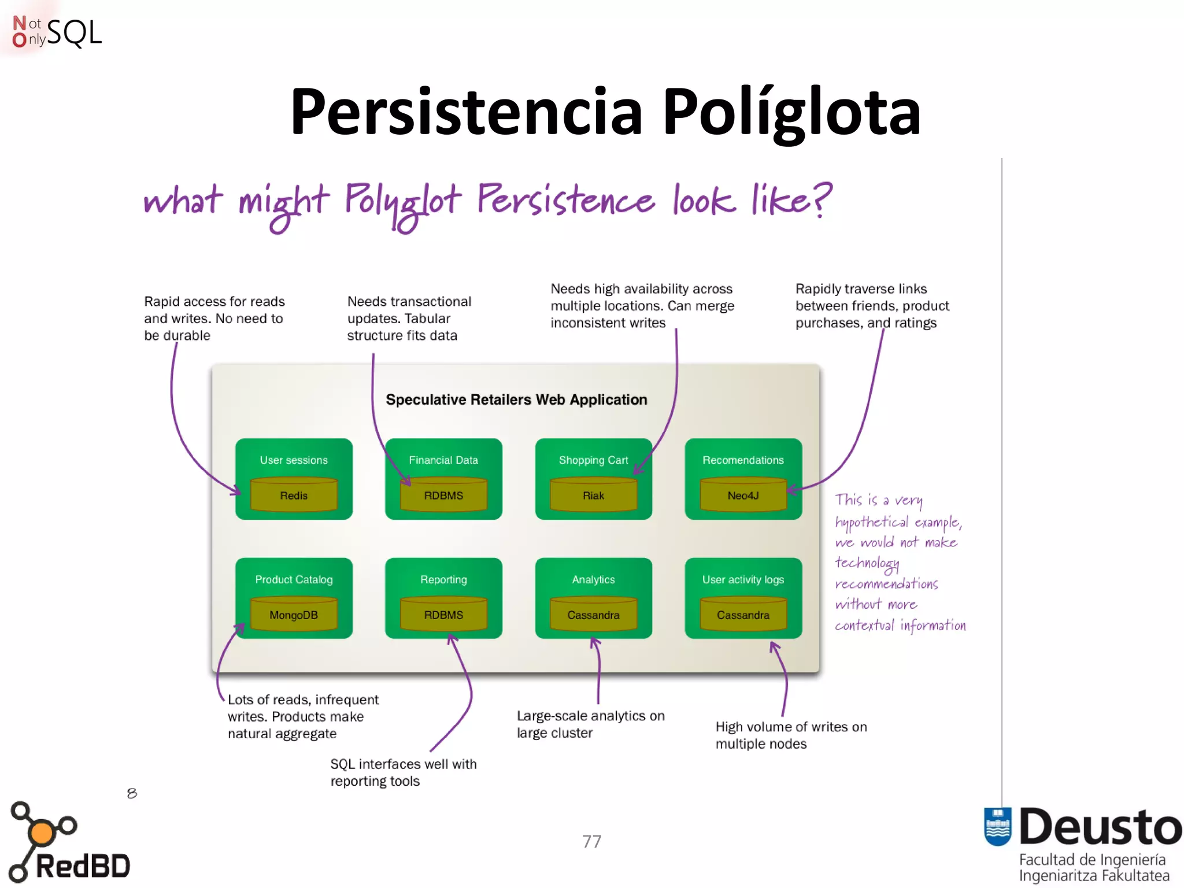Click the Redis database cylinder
pos(294,495)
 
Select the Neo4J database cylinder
pos(743,495)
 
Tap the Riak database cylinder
pos(593,495)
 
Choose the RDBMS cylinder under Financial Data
pos(443,495)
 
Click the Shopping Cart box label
pos(593,460)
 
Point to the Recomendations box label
pos(743,460)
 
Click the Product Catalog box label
pos(294,579)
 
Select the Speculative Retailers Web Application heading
pos(516,399)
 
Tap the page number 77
pos(591,841)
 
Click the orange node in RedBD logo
pos(42,833)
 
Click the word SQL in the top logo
pos(74,32)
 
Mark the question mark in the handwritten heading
pos(821,199)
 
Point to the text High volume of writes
pos(791,727)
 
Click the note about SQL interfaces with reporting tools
pos(403,772)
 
